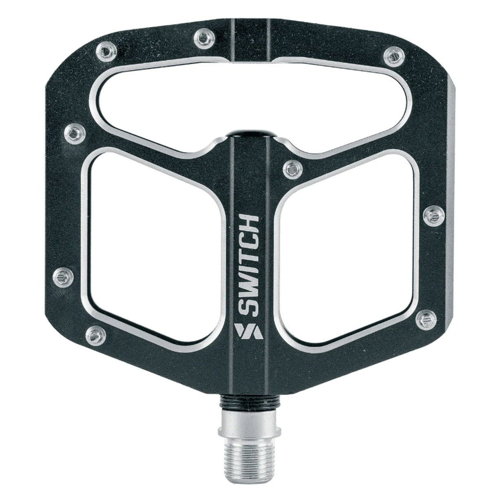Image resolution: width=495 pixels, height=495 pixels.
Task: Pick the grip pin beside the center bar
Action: (293, 169)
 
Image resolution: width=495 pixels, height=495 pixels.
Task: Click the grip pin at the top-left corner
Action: (106, 53)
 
